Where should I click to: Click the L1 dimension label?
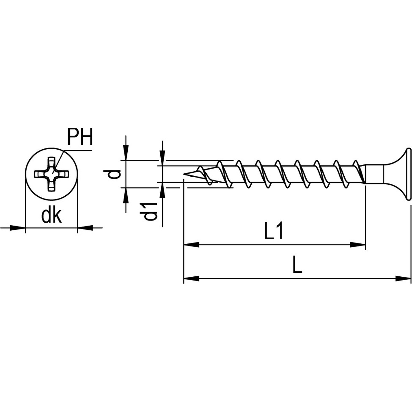274,232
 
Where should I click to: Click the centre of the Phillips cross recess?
51,174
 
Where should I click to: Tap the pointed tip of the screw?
185,175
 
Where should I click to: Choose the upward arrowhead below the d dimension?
126,195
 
